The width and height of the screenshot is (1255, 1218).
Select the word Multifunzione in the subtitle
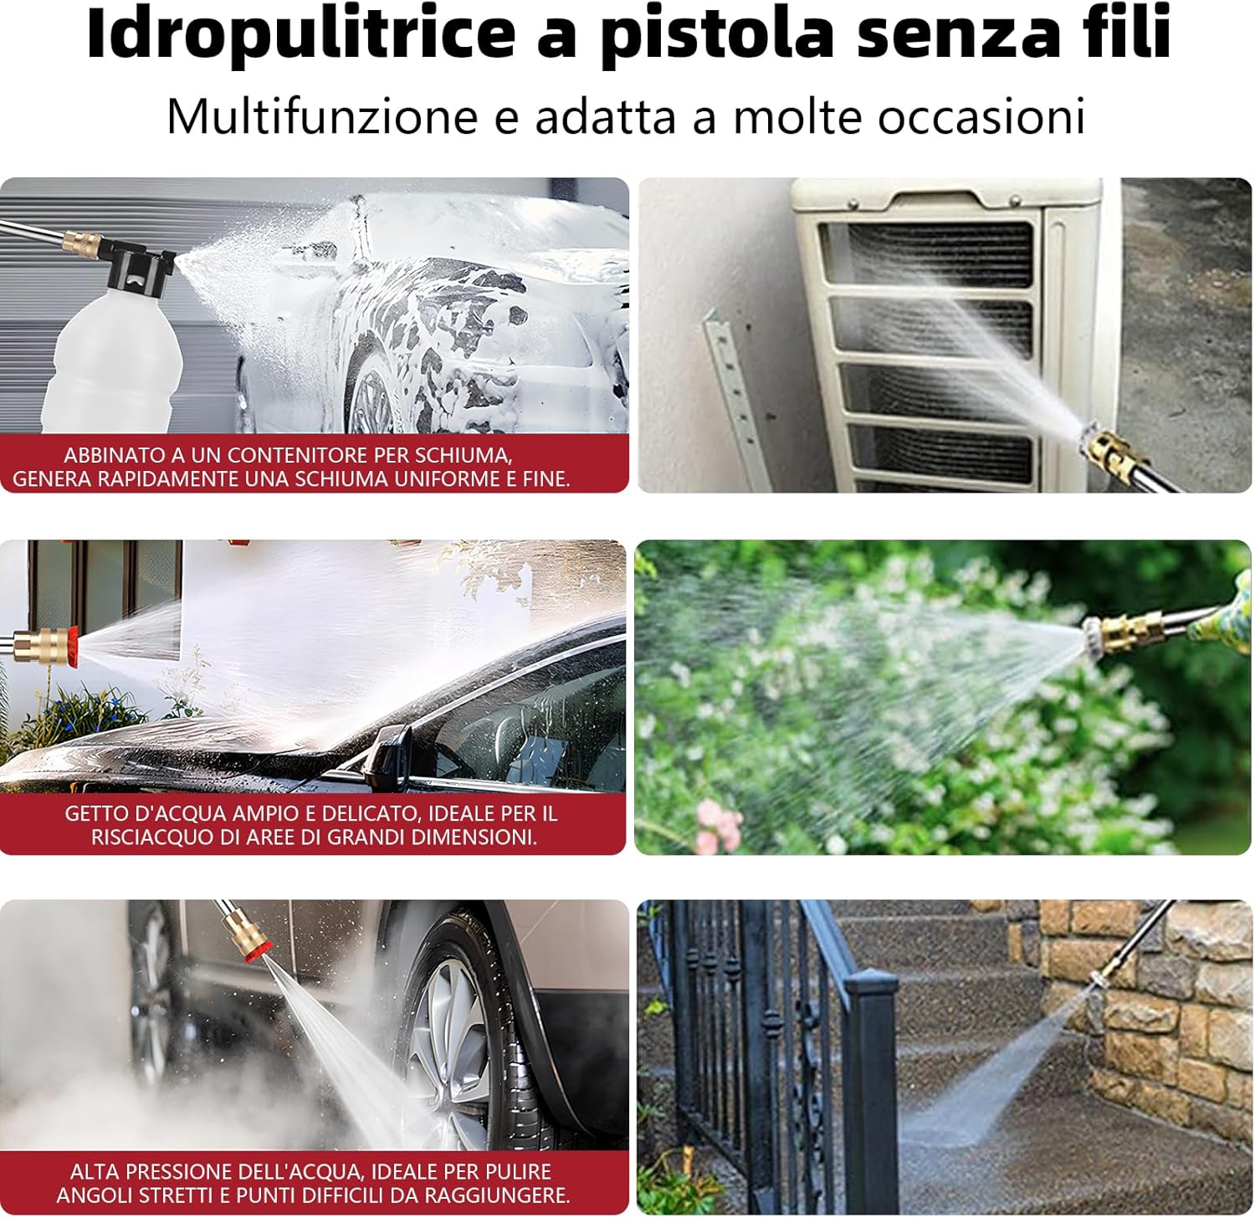(x=322, y=115)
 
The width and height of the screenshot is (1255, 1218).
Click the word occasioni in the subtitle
(x=981, y=115)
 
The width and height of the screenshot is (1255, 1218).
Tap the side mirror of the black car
(x=387, y=750)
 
